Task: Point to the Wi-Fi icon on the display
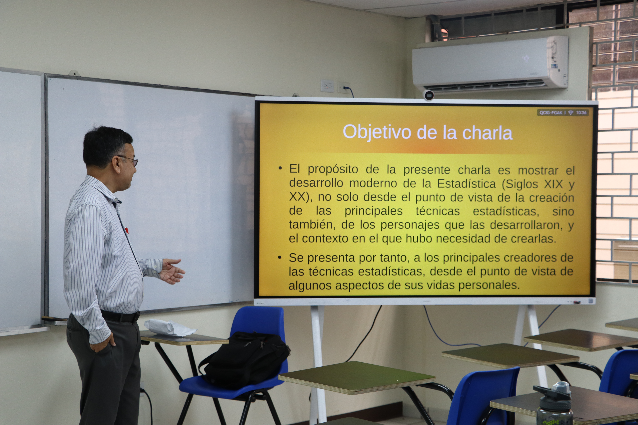click(571, 113)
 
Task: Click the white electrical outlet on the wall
click(327, 86)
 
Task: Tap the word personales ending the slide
click(489, 285)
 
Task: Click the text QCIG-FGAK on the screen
click(551, 113)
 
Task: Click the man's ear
click(116, 164)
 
